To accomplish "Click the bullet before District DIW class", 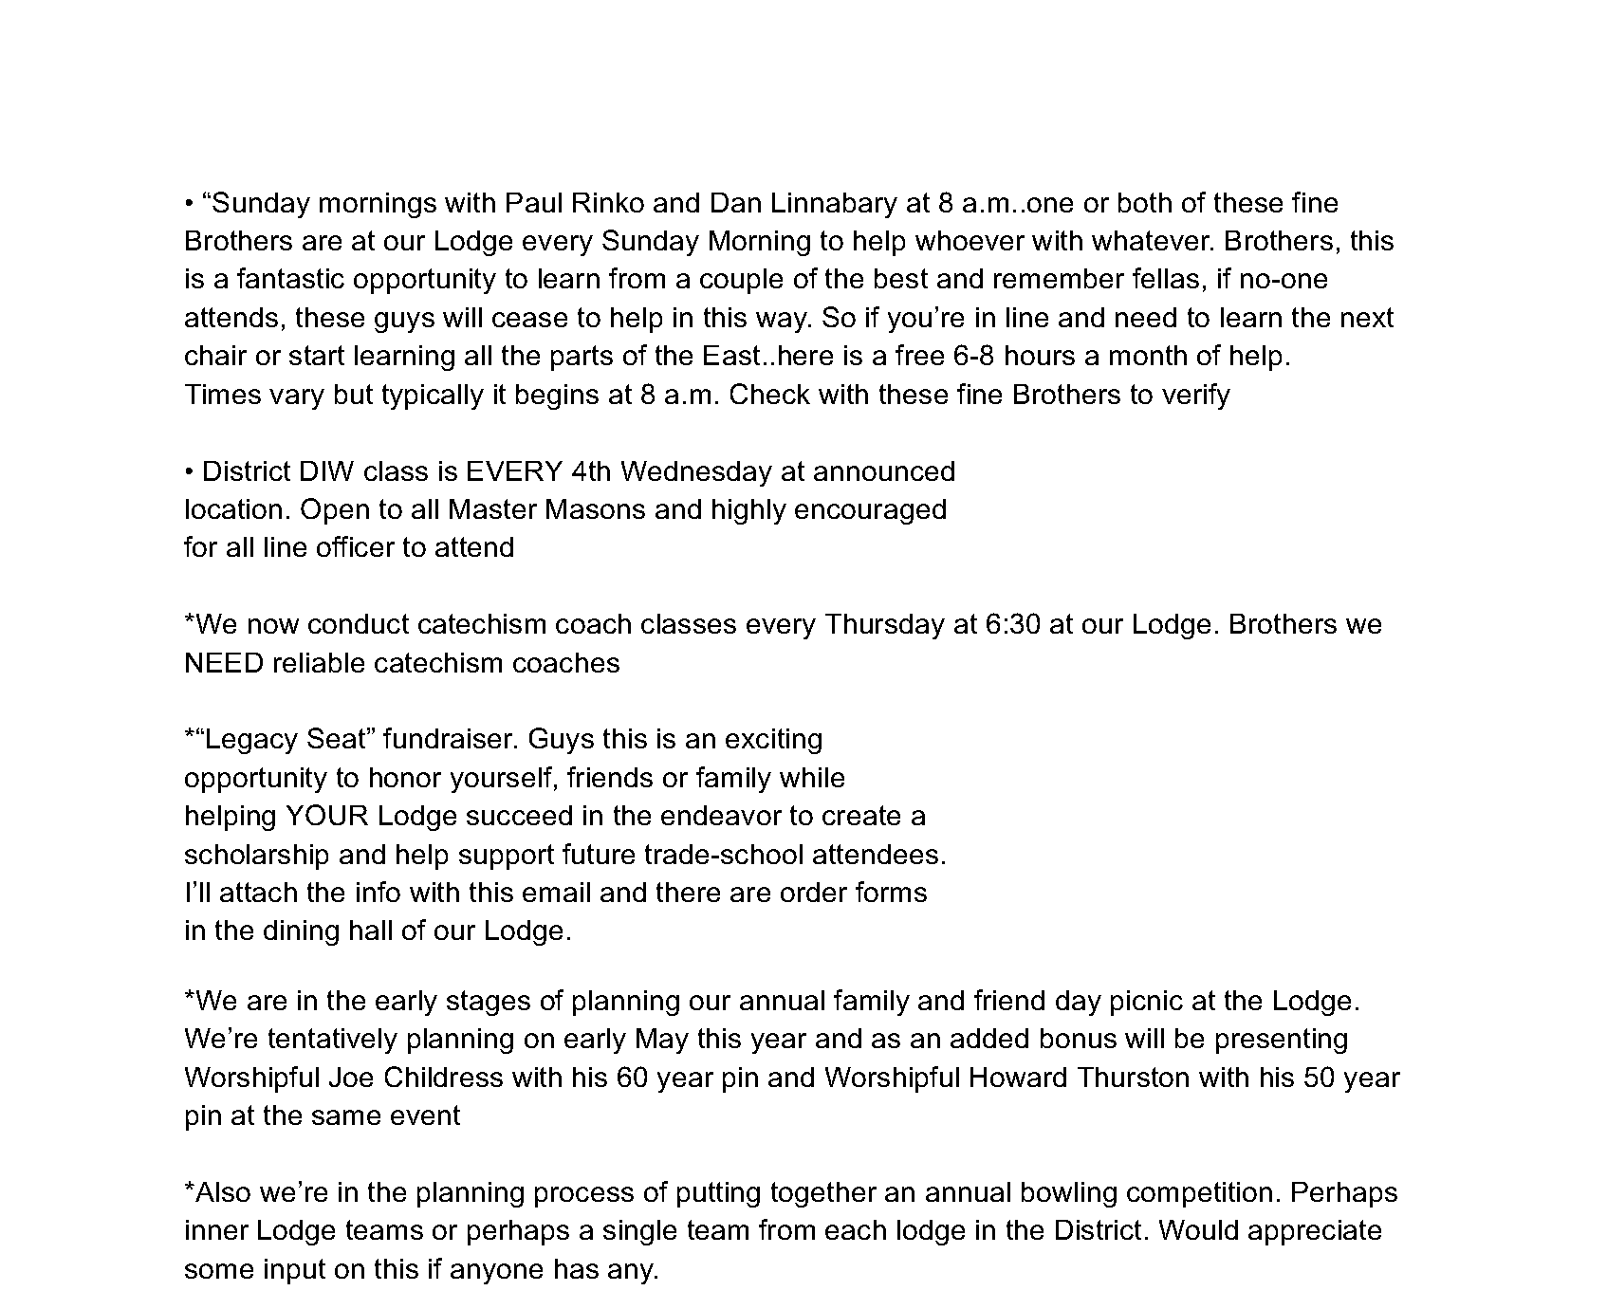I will click(x=190, y=471).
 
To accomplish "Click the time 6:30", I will click(x=987, y=624).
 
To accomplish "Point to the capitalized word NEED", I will click(x=224, y=662).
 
